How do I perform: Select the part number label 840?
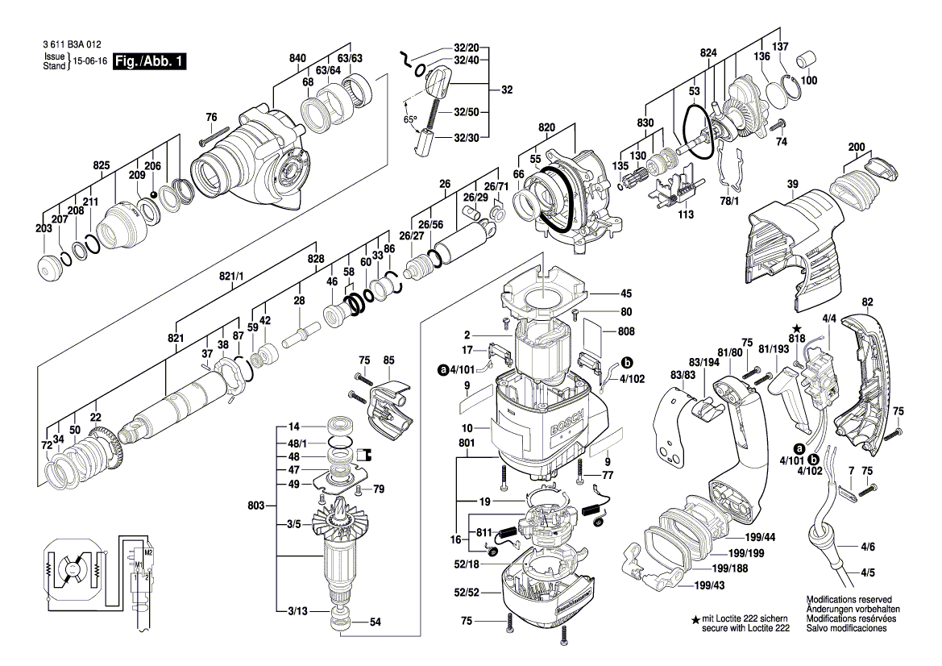(297, 58)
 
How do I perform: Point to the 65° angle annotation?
(410, 119)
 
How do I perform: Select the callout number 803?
(256, 506)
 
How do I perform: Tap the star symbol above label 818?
(796, 329)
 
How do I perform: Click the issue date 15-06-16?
(89, 61)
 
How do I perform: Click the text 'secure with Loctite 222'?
(745, 627)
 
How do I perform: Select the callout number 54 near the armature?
(375, 622)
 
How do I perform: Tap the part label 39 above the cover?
(793, 185)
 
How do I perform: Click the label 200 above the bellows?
(857, 147)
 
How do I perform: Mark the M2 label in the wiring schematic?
(148, 552)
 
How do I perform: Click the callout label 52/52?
(467, 592)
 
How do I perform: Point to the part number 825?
(101, 165)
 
